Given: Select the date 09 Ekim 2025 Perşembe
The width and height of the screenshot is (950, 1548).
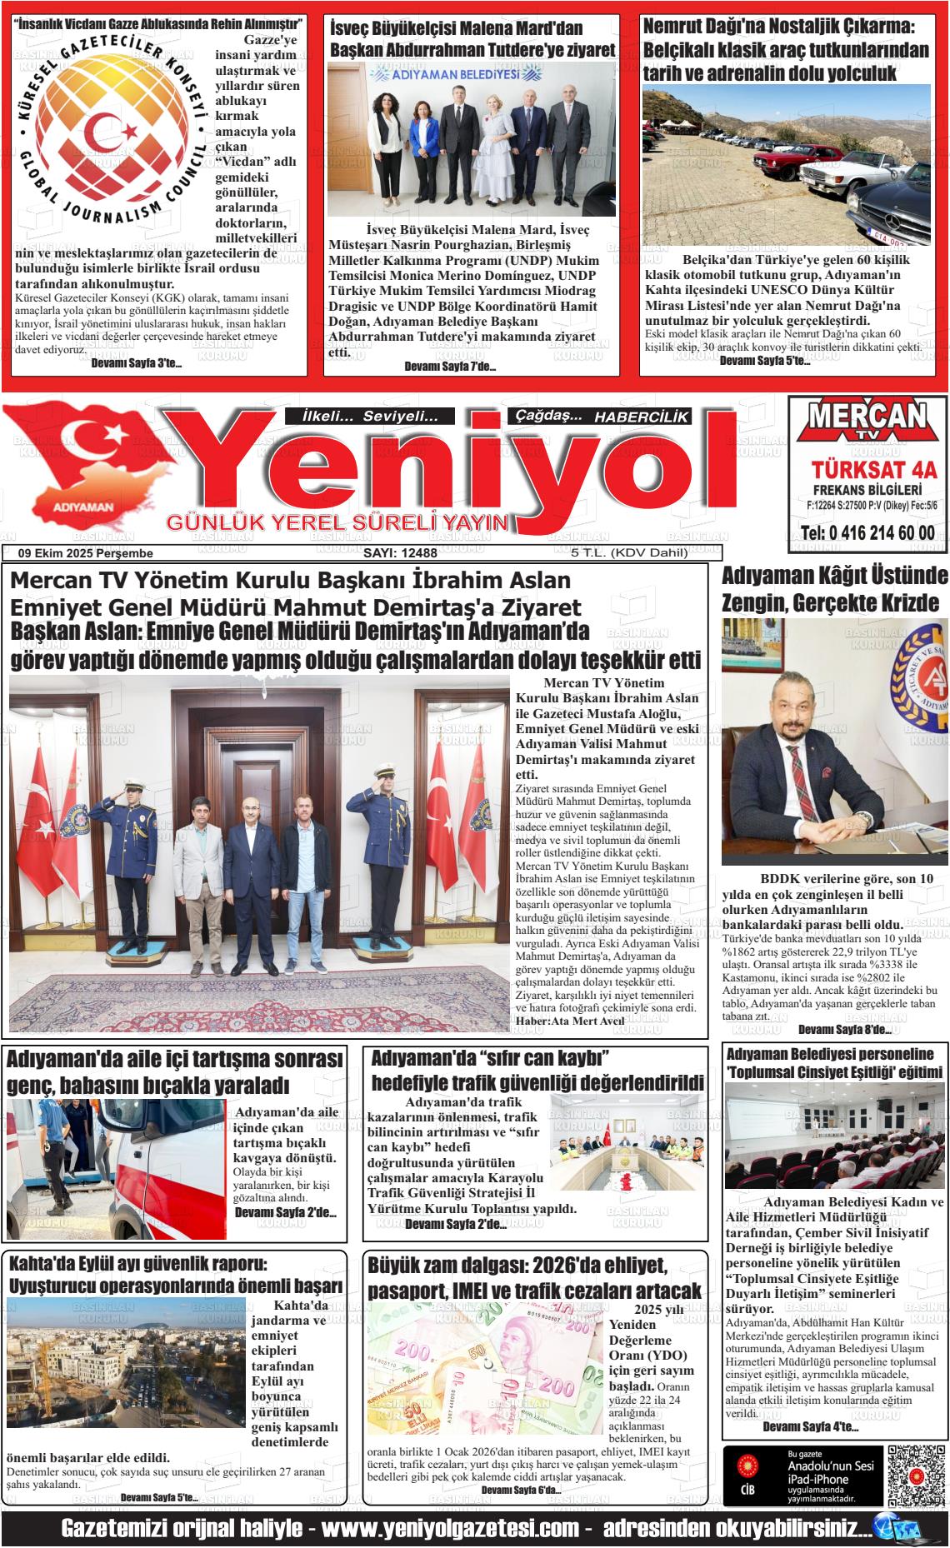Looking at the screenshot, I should tap(86, 553).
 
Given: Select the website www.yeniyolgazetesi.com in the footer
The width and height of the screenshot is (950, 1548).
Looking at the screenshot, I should tap(450, 1529).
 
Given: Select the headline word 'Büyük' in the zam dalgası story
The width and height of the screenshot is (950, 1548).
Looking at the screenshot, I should tap(399, 1266).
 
